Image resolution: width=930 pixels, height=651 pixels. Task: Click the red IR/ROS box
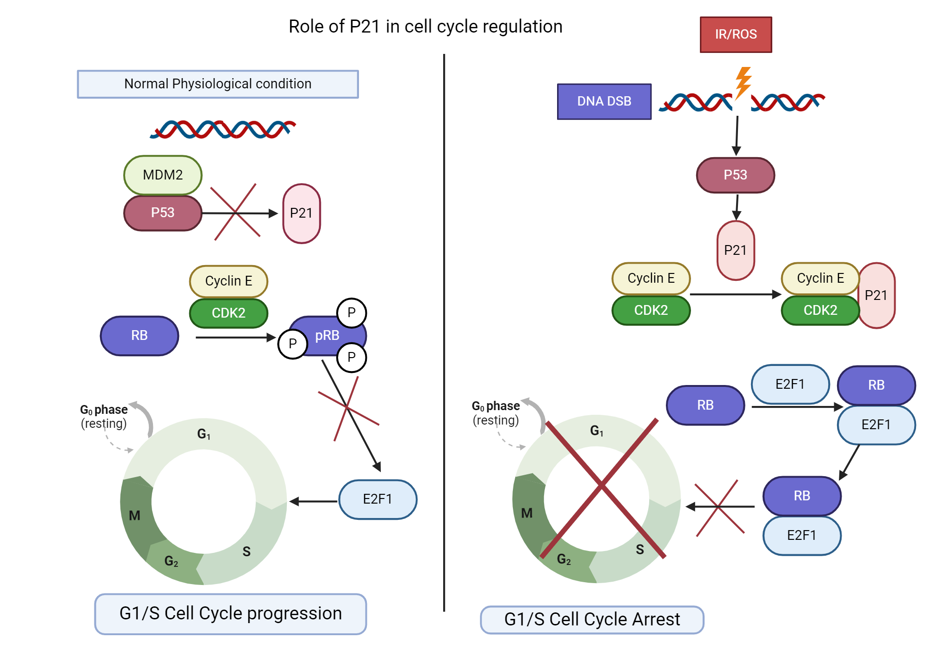(736, 35)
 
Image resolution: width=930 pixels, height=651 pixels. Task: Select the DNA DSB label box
(604, 101)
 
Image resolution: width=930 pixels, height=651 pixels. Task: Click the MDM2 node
(163, 175)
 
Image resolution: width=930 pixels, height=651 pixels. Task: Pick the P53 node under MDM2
(163, 213)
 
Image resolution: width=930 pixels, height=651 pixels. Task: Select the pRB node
(327, 336)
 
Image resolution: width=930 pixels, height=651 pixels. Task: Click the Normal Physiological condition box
(218, 84)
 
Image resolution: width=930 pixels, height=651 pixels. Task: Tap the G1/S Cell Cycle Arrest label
(592, 620)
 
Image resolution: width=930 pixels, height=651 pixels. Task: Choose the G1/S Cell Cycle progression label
(231, 614)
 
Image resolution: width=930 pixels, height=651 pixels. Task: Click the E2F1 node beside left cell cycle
(378, 499)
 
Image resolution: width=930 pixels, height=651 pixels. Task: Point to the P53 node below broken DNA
(735, 175)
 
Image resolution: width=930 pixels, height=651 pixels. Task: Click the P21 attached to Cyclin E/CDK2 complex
(877, 296)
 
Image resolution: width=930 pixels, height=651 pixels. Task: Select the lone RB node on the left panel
(139, 336)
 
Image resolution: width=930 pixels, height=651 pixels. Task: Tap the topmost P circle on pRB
(352, 312)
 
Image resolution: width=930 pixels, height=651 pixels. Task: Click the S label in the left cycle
(246, 551)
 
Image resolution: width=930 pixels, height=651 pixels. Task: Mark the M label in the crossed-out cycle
(527, 513)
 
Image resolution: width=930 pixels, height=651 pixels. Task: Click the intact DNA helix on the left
(222, 130)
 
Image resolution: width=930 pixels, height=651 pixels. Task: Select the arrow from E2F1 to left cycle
(314, 501)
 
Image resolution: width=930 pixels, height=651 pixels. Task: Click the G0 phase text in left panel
(104, 410)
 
